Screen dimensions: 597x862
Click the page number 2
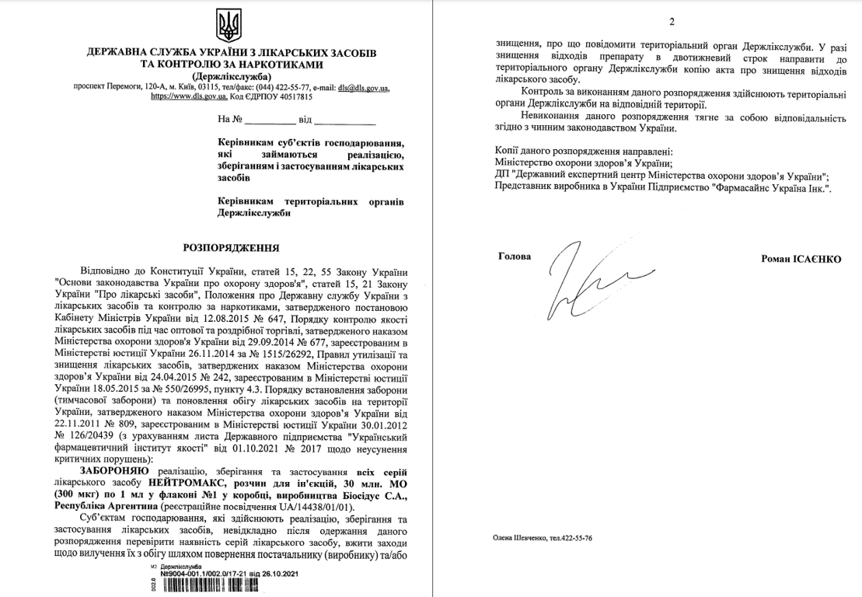click(671, 22)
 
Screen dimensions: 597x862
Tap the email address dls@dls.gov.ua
click(363, 88)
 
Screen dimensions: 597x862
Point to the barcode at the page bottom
click(226, 585)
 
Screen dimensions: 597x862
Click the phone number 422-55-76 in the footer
click(576, 538)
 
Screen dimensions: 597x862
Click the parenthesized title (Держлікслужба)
click(231, 76)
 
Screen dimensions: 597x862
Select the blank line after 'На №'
click(270, 121)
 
